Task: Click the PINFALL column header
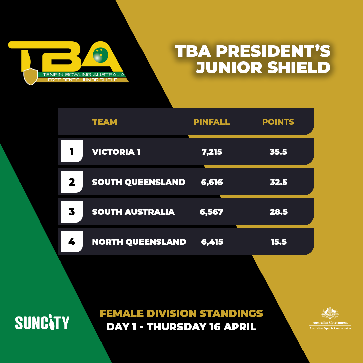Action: (x=211, y=122)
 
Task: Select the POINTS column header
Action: (x=278, y=122)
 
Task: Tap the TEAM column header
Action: (x=105, y=122)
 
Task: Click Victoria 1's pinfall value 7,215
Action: (x=212, y=152)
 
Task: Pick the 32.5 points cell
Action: (x=279, y=182)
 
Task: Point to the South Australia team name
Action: (x=133, y=212)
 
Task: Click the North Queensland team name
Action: (x=139, y=242)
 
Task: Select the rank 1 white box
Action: (x=72, y=151)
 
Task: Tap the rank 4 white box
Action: (x=72, y=241)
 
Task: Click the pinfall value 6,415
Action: (x=212, y=242)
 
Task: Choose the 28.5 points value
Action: (x=279, y=212)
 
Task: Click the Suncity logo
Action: (x=42, y=322)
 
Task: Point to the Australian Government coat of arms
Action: (x=330, y=313)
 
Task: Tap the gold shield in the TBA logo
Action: (x=31, y=76)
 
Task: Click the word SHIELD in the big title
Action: (x=298, y=67)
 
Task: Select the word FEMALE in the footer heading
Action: (x=122, y=314)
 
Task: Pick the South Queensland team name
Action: (x=139, y=182)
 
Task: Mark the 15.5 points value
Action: (x=279, y=242)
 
